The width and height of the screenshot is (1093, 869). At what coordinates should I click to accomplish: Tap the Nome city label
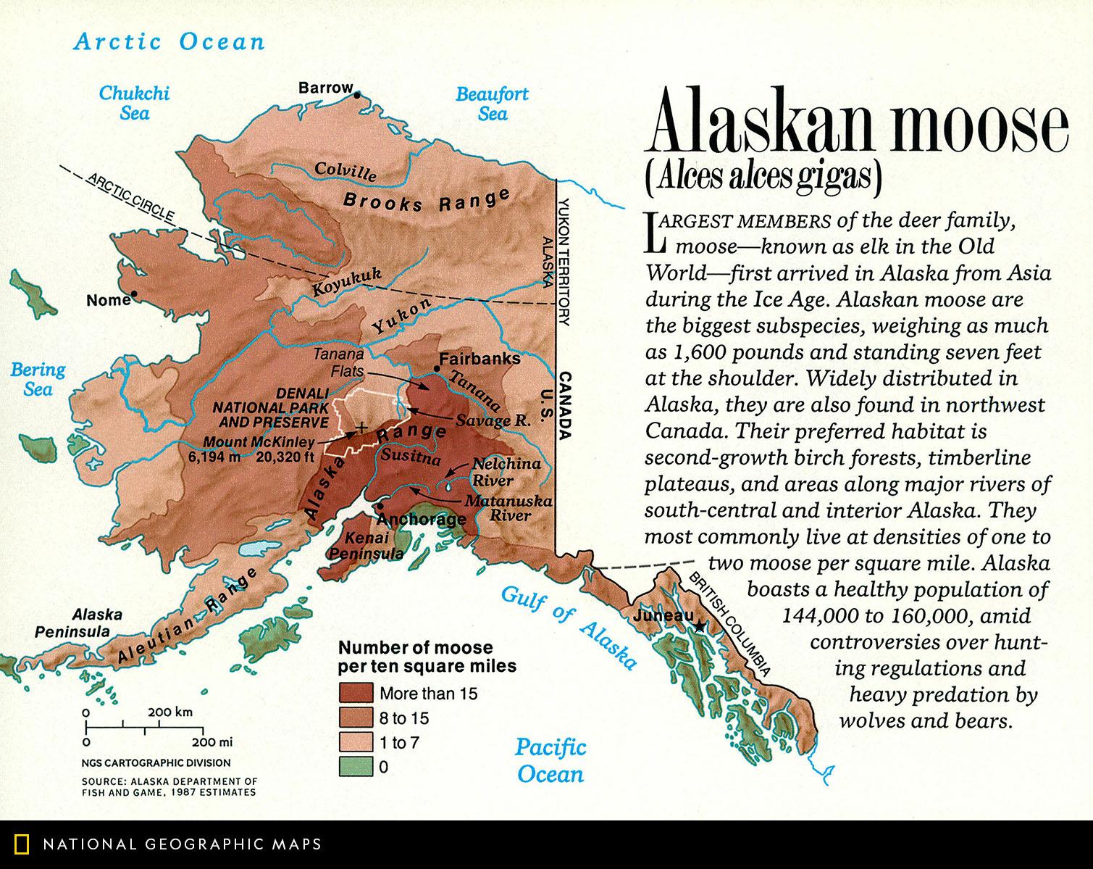coord(107,300)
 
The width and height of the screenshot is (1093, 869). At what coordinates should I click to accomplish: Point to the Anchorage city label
coord(422,519)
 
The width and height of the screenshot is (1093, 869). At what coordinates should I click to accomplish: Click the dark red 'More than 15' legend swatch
coord(356,693)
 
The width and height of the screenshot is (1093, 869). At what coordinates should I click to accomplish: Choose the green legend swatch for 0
coord(356,766)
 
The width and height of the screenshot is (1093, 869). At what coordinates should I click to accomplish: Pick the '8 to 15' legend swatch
coord(356,718)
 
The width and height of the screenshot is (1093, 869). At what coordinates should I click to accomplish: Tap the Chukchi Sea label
coord(135,103)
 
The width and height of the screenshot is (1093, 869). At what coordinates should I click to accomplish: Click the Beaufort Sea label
coord(492,104)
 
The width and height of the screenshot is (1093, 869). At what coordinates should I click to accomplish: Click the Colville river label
coord(346,172)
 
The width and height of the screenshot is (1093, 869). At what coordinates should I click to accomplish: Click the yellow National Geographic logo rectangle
coord(23,844)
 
